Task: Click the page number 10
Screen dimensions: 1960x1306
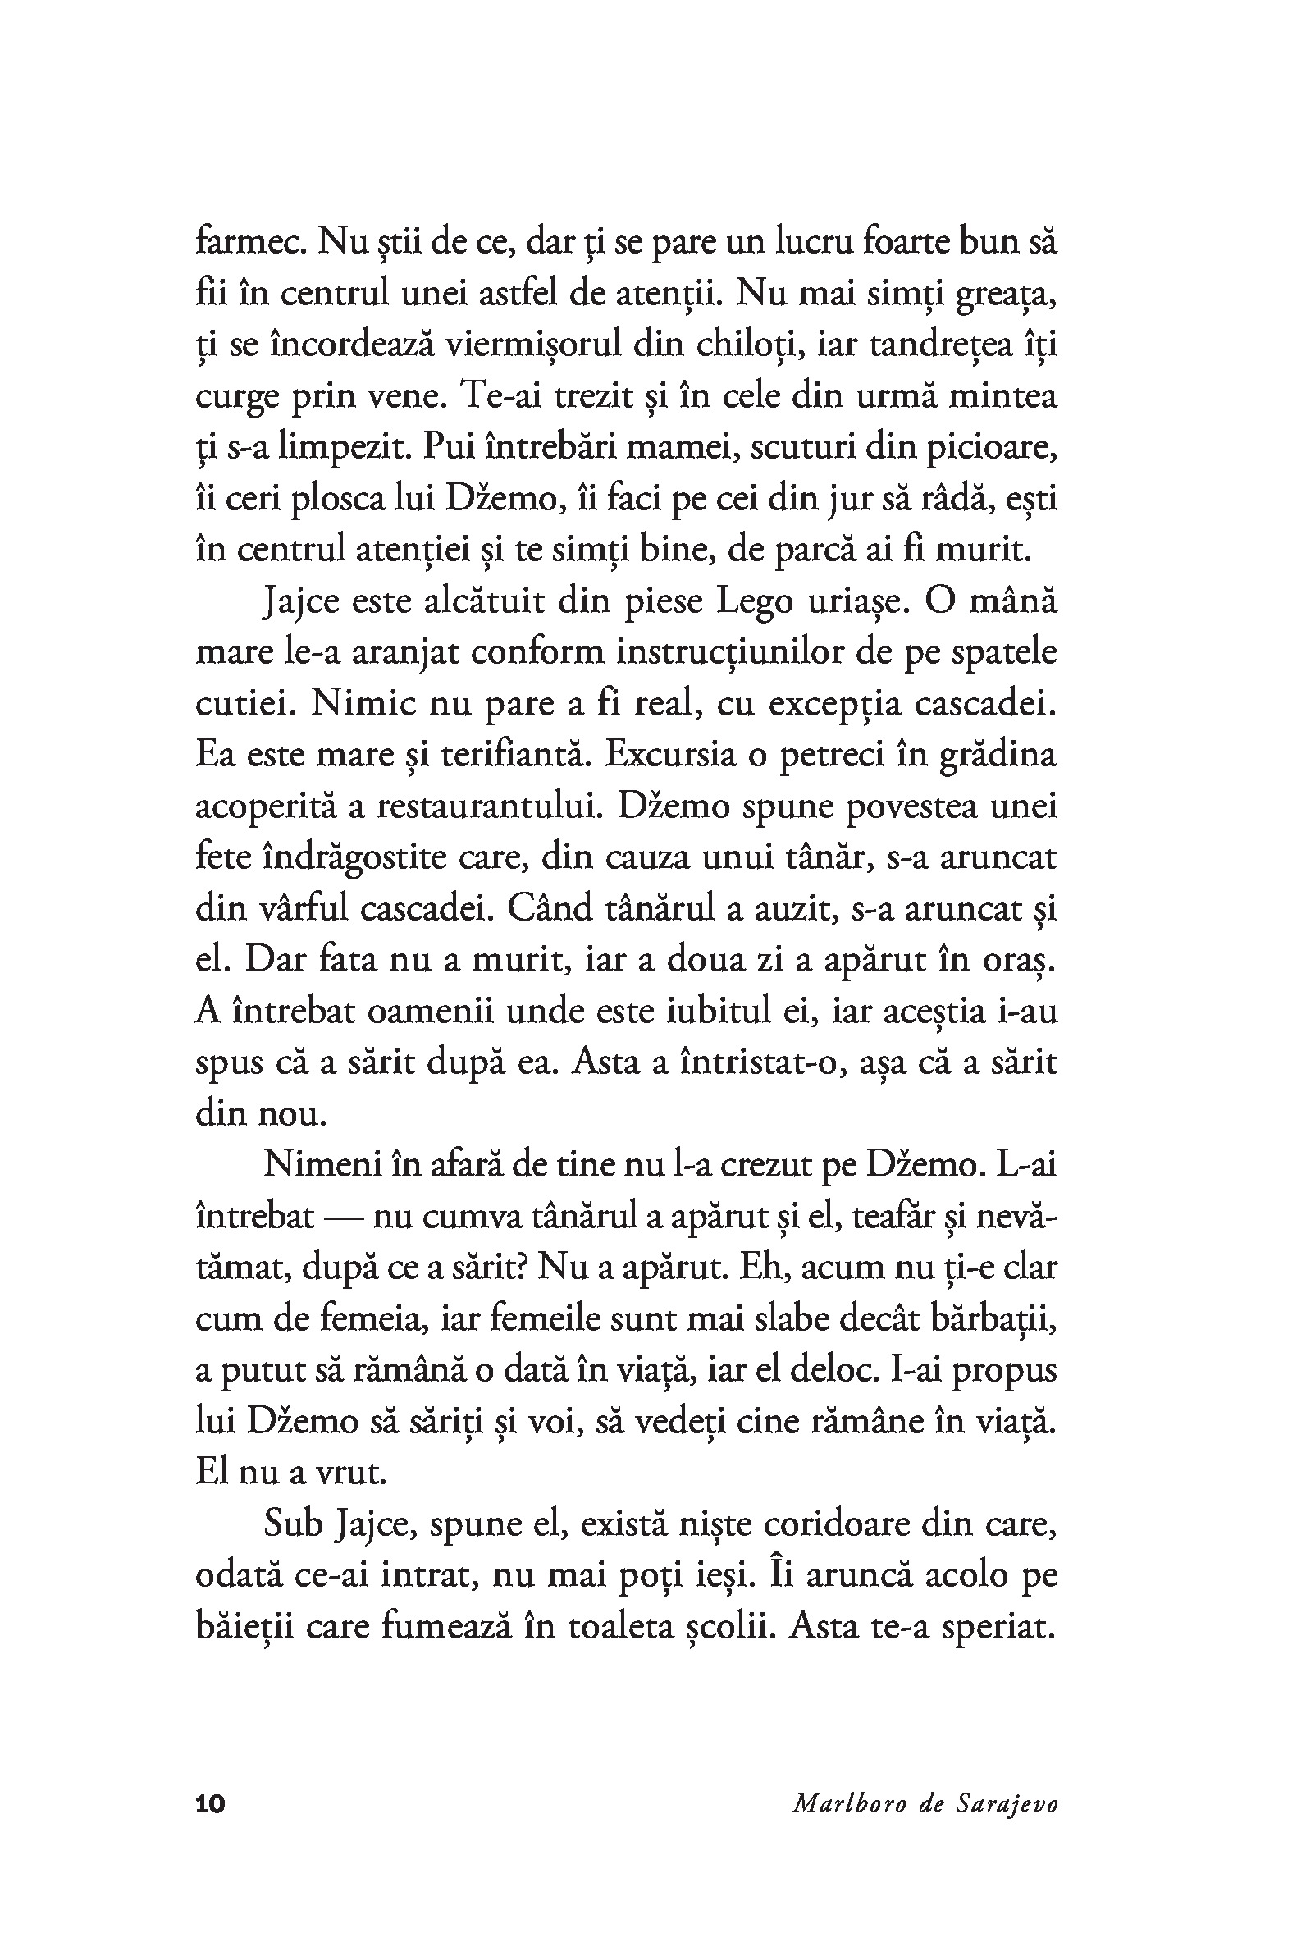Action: click(x=210, y=1804)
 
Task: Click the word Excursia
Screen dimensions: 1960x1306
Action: click(x=670, y=756)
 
